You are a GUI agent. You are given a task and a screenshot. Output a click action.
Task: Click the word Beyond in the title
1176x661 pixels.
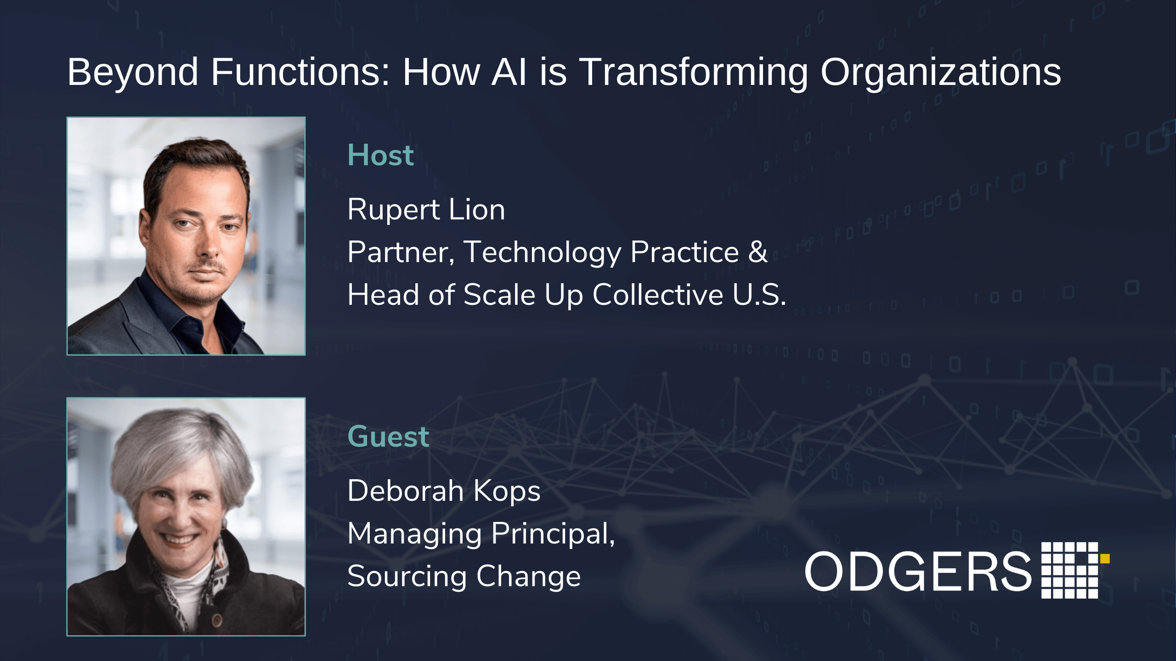tap(133, 72)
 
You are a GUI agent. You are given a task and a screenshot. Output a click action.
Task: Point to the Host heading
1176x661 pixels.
tap(380, 155)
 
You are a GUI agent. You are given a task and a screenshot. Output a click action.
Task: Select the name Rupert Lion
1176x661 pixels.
tap(426, 209)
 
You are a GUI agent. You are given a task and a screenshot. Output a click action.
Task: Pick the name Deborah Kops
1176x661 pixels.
tap(444, 491)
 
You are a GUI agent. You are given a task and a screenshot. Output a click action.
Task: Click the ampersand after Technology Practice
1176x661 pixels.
tap(758, 252)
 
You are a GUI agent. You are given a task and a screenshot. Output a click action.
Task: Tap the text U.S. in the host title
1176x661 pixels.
tap(759, 295)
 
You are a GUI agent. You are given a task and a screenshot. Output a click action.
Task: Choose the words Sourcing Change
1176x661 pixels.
tap(464, 577)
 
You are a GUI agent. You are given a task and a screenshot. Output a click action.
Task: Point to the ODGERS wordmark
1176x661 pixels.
tap(918, 572)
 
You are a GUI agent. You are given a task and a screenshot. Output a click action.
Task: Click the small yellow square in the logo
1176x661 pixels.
tap(1105, 558)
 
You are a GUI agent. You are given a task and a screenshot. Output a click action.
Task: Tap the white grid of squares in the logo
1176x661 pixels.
tap(1069, 570)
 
